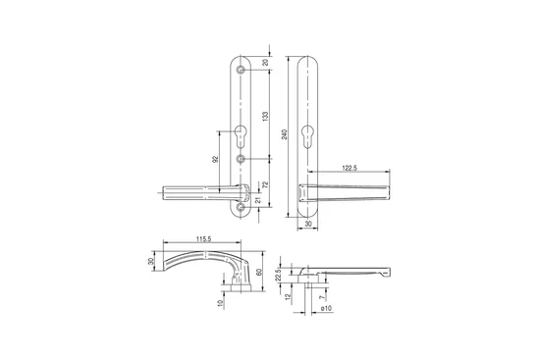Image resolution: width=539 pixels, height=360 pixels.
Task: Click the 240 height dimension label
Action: click(285, 134)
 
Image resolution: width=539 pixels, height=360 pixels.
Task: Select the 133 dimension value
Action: click(265, 116)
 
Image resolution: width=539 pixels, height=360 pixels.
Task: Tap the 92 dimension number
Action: click(216, 159)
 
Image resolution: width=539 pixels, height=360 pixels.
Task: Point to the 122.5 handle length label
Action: click(350, 168)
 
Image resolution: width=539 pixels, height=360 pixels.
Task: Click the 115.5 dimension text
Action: click(203, 239)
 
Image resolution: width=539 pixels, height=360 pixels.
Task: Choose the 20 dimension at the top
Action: click(265, 62)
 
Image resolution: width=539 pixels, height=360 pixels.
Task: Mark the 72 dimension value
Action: click(265, 184)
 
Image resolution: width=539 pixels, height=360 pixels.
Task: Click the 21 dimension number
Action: click(259, 199)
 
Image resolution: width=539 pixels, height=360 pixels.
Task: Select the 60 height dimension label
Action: click(259, 272)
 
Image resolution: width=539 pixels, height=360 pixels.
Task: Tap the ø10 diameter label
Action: click(326, 308)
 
